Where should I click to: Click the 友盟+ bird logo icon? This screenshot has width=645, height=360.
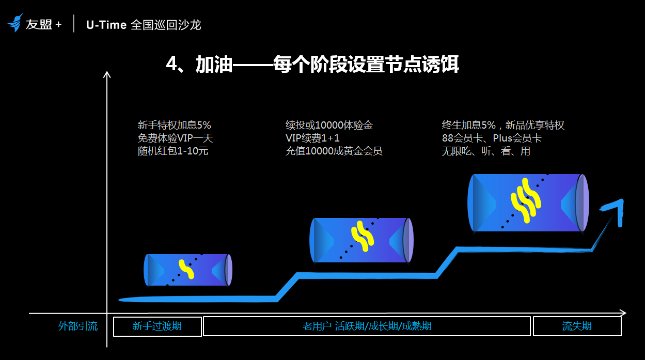[15, 23]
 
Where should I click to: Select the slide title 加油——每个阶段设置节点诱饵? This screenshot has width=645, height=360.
[312, 65]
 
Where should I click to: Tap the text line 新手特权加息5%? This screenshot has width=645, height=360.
[174, 125]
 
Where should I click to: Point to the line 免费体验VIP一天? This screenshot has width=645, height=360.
[175, 138]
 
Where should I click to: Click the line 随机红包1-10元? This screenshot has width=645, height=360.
[172, 151]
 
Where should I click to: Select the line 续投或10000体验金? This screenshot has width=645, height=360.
[329, 125]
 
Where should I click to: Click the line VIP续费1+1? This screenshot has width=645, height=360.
[312, 138]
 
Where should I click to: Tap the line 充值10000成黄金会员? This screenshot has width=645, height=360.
[334, 151]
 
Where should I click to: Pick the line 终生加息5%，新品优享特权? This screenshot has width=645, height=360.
[502, 125]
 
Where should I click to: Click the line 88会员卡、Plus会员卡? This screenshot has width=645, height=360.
[491, 138]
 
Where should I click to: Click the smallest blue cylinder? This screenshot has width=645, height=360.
[187, 270]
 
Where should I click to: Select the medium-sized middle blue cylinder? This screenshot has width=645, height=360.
[361, 240]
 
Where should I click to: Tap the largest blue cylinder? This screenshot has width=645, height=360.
[528, 202]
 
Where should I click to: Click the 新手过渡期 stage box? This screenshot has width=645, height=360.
[157, 326]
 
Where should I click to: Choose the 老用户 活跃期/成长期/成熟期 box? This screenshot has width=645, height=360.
[367, 326]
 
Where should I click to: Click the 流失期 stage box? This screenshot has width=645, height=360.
[577, 326]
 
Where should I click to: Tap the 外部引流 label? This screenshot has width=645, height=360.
[78, 326]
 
